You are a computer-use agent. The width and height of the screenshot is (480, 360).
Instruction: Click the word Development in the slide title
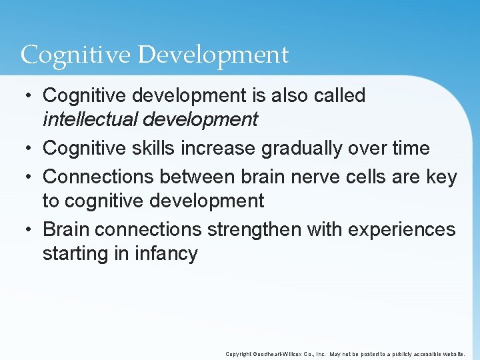click(x=213, y=55)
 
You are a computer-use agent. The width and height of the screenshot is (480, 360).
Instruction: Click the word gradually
click(x=303, y=148)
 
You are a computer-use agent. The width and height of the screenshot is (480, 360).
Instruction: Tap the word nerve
click(x=318, y=177)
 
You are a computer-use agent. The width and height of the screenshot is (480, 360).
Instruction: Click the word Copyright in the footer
click(x=239, y=354)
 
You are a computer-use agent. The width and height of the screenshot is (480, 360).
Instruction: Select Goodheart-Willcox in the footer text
click(x=281, y=354)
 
